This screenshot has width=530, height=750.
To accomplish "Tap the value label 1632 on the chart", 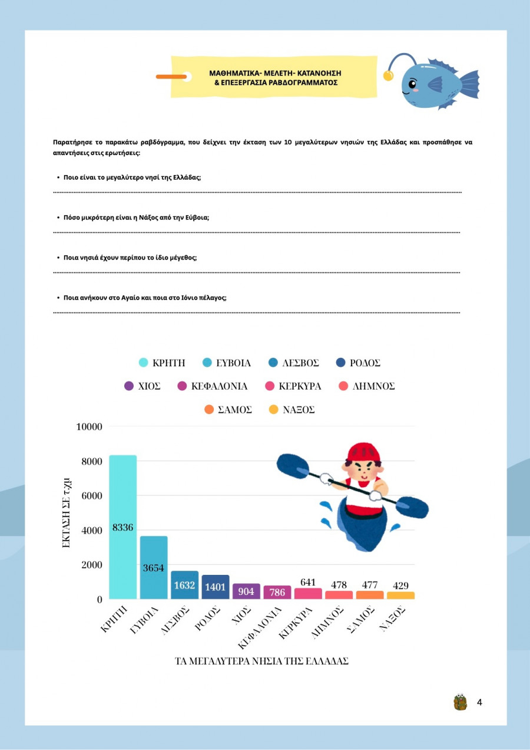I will (x=184, y=586).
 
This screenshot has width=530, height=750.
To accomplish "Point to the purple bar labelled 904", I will (x=246, y=591).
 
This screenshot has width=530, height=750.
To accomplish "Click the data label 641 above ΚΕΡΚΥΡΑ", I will (x=308, y=582).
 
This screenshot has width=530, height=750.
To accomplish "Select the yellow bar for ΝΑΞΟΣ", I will (x=400, y=596).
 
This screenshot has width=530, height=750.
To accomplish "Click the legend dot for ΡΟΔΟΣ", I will (x=339, y=363).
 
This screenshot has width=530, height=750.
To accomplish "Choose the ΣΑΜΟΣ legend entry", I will (x=227, y=410).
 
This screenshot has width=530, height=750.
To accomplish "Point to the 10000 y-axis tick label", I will (x=90, y=426).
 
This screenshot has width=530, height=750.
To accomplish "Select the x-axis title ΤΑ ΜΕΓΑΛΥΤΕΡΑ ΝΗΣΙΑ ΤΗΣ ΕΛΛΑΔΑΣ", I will (x=262, y=661).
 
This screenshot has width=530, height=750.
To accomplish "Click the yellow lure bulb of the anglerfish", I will (x=388, y=75).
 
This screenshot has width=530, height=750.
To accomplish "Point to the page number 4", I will (x=479, y=702).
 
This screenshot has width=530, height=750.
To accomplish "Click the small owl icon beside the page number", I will (x=460, y=702).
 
